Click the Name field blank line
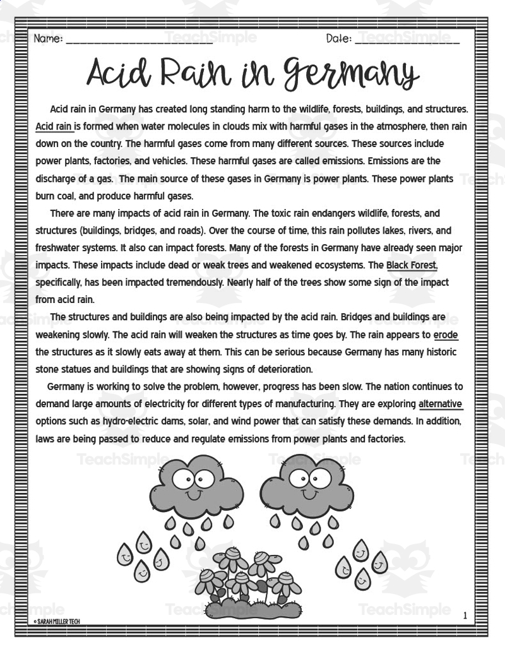click(139, 40)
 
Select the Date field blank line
click(407, 40)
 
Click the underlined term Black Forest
click(412, 265)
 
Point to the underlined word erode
click(446, 335)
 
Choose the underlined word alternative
click(440, 404)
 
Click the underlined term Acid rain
click(54, 126)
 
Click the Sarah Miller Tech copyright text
click(57, 622)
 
